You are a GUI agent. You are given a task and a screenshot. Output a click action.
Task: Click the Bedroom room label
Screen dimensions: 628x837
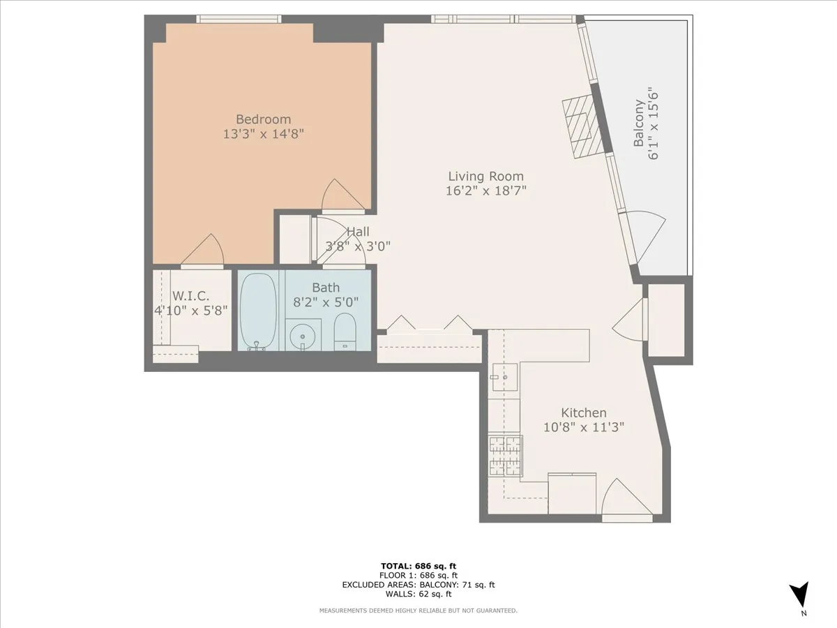click(x=263, y=119)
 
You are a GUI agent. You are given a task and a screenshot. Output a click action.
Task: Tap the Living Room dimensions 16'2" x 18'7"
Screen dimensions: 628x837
click(x=485, y=190)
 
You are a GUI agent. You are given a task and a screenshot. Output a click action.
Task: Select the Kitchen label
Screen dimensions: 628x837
click(x=584, y=412)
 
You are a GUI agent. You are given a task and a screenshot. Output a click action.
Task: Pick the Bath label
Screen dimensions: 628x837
click(x=326, y=287)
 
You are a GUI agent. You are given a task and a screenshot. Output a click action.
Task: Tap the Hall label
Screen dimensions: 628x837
click(x=358, y=232)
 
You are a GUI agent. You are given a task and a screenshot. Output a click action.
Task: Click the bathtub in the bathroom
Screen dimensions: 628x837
click(x=258, y=311)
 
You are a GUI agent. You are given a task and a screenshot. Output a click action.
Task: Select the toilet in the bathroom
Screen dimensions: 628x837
click(x=345, y=331)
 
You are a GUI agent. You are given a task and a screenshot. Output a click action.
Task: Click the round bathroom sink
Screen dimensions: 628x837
click(x=303, y=336)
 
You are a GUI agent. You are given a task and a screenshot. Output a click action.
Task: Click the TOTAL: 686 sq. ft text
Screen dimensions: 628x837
click(x=418, y=566)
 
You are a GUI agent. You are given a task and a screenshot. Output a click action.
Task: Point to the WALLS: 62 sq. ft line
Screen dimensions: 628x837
click(x=418, y=594)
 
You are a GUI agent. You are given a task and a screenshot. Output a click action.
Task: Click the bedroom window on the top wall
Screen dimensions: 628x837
click(x=239, y=19)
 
